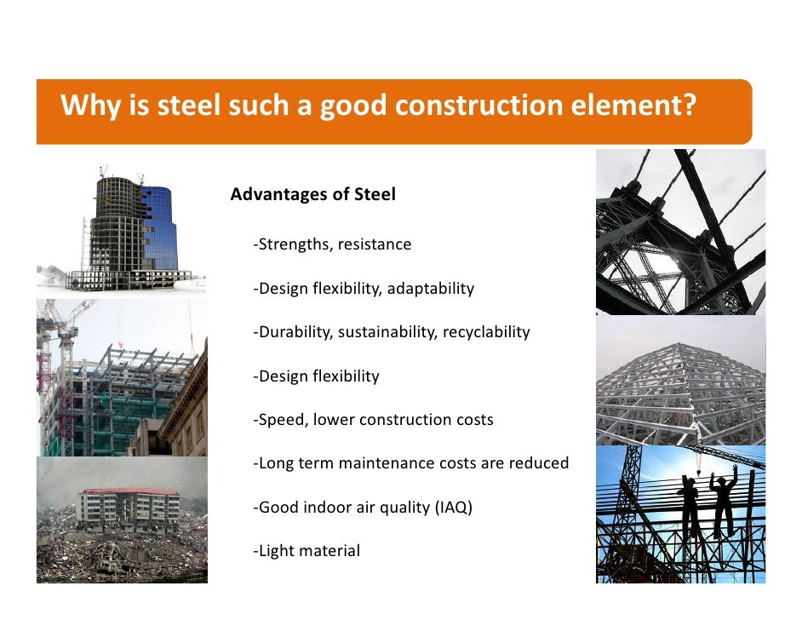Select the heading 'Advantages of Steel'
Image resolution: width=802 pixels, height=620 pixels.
pyautogui.click(x=312, y=195)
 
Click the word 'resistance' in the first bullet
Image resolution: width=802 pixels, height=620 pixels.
pyautogui.click(x=374, y=245)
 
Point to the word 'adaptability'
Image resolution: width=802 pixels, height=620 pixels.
pyautogui.click(x=430, y=289)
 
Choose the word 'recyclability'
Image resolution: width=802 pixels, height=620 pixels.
pyautogui.click(x=485, y=332)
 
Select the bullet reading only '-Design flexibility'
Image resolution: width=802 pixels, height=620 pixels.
pyautogui.click(x=316, y=376)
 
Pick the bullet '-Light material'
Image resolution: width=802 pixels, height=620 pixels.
pyautogui.click(x=306, y=551)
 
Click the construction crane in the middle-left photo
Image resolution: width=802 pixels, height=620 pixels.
pyautogui.click(x=54, y=341)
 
